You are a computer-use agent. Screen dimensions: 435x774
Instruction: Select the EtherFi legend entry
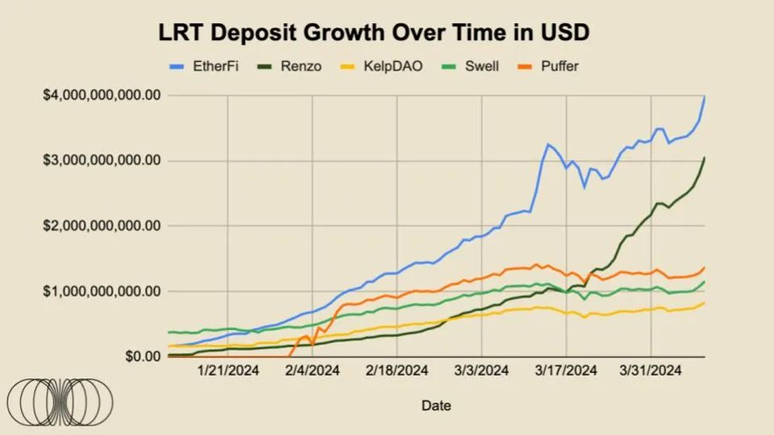[x=203, y=65]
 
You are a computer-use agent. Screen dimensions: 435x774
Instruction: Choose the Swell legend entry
[x=480, y=65]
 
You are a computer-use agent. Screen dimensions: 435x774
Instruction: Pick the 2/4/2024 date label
[x=311, y=371]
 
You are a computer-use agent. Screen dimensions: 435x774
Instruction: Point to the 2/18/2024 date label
[x=396, y=371]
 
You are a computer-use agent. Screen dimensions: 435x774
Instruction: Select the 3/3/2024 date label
[x=481, y=371]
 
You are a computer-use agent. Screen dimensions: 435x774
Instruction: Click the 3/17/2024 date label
[x=566, y=371]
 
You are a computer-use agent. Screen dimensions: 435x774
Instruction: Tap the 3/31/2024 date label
[x=650, y=371]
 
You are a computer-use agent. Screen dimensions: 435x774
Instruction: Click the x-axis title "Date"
[x=436, y=405]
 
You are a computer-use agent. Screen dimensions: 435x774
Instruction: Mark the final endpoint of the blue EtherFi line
[x=705, y=96]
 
